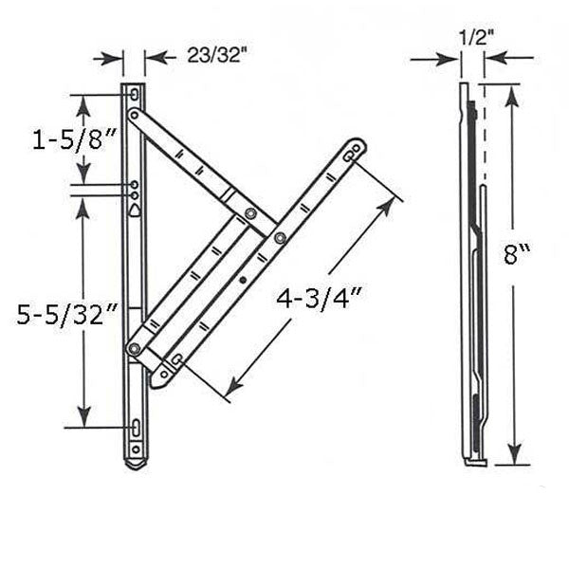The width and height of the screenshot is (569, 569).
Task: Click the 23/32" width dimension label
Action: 217,56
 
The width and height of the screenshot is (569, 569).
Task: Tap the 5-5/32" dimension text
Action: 66,313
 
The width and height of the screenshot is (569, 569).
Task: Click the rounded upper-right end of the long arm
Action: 355,149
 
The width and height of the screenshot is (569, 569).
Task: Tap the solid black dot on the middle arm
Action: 244,280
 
